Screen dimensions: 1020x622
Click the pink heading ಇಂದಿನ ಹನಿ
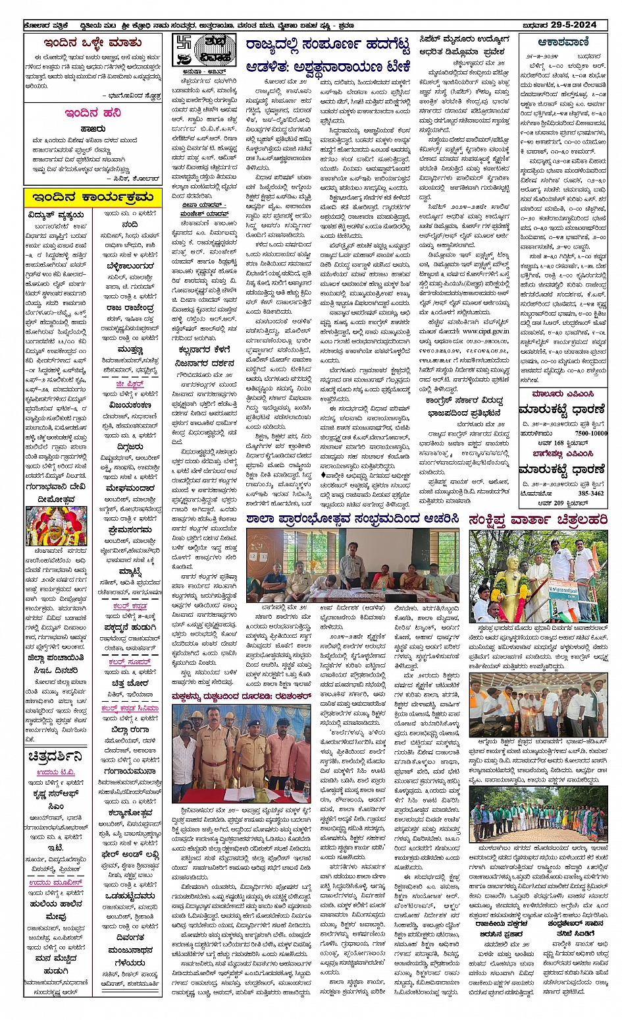pos(93,113)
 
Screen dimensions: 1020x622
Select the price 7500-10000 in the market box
pos(590,433)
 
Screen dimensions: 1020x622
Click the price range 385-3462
pos(590,493)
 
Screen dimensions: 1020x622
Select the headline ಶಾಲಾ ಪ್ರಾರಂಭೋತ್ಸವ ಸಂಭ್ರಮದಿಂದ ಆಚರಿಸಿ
pos(353,519)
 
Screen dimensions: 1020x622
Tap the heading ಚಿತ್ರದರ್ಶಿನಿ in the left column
pos(55,757)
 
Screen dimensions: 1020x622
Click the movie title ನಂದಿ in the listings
pos(130,225)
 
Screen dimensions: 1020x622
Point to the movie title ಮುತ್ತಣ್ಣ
pos(130,350)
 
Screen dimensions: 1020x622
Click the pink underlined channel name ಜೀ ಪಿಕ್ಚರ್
pos(130,383)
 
